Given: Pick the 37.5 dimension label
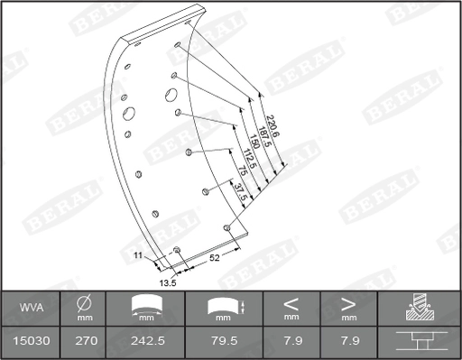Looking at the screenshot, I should click(238, 192).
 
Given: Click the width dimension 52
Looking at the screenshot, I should click(216, 258).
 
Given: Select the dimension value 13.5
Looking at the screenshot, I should click(167, 282).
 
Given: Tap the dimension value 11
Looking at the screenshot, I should click(139, 257).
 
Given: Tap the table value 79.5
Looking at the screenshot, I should click(223, 343).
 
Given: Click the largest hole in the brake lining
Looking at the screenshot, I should click(128, 114).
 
